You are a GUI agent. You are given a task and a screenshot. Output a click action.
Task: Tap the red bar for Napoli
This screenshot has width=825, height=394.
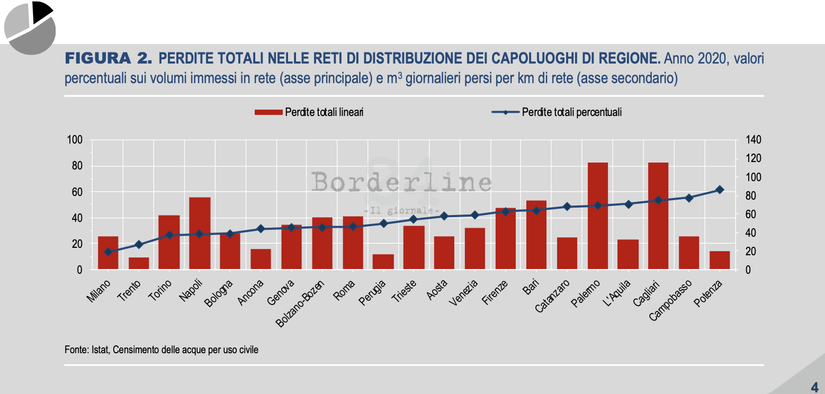pos(200,234)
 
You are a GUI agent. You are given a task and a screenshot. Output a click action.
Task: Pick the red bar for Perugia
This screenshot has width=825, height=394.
pos(383,262)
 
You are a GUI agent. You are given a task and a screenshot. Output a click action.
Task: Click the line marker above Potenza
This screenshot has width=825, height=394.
pos(720,190)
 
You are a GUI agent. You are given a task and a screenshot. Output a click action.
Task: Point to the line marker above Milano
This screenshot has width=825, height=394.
pos(108,252)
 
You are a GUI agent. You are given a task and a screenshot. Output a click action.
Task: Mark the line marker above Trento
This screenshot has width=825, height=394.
pos(139,245)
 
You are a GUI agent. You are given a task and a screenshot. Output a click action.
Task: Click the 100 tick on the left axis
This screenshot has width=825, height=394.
pos(75,140)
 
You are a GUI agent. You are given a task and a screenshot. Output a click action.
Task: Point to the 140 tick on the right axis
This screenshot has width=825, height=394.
pos(752,140)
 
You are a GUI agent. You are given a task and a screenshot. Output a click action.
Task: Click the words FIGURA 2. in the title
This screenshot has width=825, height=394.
pos(107,58)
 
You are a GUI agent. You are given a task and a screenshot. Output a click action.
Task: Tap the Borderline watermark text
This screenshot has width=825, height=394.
pos(401,183)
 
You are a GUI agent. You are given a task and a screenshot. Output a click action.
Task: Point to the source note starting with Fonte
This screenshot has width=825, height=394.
pos(162,350)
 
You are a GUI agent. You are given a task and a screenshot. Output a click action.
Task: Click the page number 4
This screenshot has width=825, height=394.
pos(814,385)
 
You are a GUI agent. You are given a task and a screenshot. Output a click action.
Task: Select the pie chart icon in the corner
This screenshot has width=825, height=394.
pos(30,28)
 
